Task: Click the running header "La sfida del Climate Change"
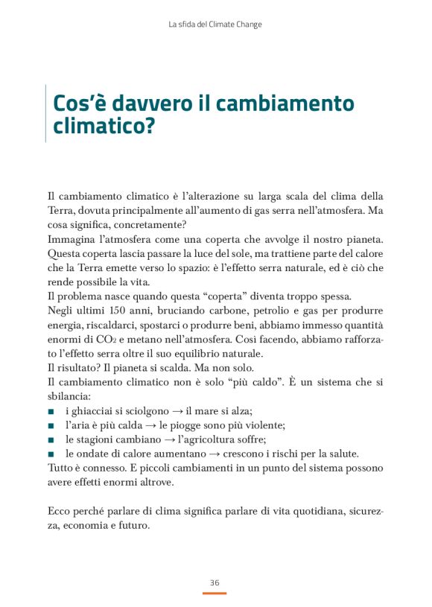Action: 215,25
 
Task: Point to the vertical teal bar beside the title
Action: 45,114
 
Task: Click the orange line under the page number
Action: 215,593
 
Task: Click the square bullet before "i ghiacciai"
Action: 51,411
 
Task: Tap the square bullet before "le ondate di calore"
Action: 51,454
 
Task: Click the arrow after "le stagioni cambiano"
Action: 153,439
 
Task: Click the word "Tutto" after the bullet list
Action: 60,468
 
